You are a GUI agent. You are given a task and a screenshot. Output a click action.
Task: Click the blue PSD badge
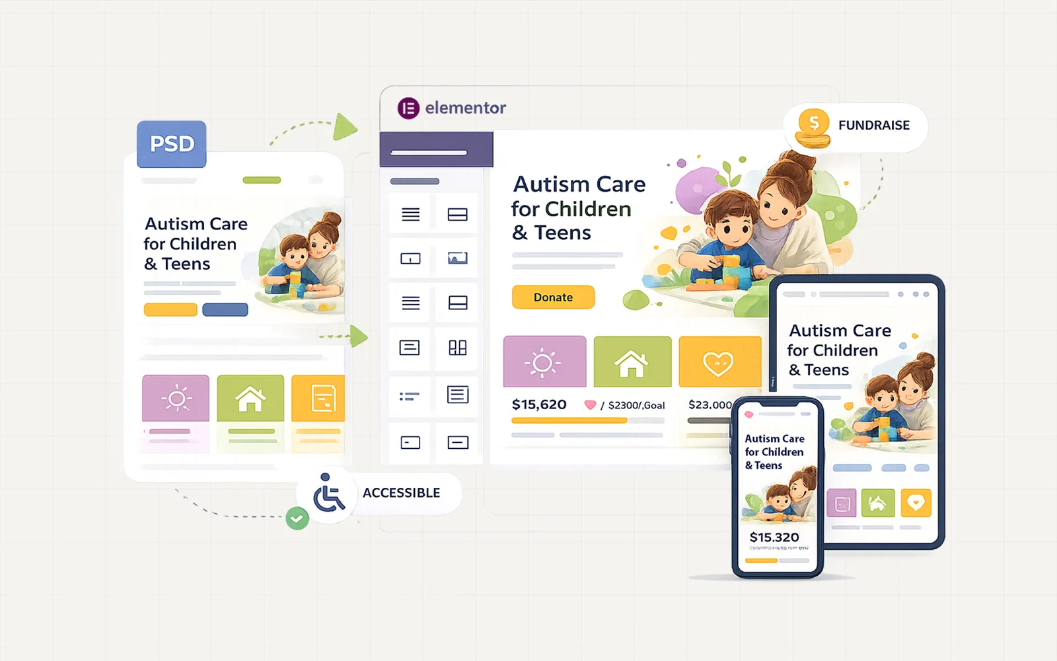[x=172, y=143]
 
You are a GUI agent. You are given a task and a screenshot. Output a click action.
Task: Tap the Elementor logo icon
[x=408, y=108]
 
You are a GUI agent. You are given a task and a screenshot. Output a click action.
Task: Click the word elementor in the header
[x=465, y=108]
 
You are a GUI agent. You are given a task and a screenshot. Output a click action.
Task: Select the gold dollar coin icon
[x=813, y=126]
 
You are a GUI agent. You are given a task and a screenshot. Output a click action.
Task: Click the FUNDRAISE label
[x=873, y=125]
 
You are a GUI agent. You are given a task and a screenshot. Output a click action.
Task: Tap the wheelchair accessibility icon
[x=328, y=493]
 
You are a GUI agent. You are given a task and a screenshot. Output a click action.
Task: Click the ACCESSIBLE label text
[x=401, y=493]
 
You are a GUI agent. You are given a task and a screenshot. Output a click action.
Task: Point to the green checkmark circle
[x=297, y=518]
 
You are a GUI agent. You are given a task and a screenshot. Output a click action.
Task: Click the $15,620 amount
[x=539, y=405]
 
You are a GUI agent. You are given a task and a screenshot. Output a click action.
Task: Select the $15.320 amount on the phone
[x=774, y=537]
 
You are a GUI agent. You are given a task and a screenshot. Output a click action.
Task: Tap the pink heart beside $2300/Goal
[x=590, y=405]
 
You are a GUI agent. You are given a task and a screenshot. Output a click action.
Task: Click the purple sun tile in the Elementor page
[x=544, y=362]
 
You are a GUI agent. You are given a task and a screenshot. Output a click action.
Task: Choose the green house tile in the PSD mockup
[x=250, y=398]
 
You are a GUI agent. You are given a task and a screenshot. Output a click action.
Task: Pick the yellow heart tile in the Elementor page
[x=719, y=362]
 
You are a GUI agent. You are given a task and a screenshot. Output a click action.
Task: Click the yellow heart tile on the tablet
[x=915, y=503]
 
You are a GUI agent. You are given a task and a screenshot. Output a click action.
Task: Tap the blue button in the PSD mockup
[x=225, y=309]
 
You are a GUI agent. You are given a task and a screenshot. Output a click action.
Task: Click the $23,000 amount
[x=710, y=405]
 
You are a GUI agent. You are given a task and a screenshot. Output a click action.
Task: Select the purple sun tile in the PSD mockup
[x=176, y=398]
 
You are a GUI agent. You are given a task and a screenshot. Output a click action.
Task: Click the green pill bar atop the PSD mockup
[x=262, y=180]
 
